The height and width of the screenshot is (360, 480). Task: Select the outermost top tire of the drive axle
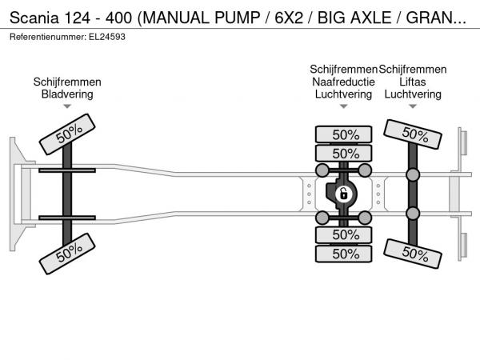click(x=345, y=134)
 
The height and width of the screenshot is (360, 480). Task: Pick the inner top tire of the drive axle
click(x=345, y=153)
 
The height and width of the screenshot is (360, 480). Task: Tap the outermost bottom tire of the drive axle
click(x=345, y=254)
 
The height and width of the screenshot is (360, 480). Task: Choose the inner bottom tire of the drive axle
click(x=345, y=235)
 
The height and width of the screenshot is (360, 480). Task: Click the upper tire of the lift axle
click(x=413, y=134)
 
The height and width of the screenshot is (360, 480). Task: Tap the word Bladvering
click(x=67, y=94)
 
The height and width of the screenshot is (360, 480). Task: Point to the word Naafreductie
click(x=343, y=82)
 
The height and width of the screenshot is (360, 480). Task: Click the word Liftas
click(x=413, y=82)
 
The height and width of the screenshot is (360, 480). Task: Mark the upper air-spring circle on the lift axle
click(x=413, y=175)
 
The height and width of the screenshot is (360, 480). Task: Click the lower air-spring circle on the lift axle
click(x=413, y=213)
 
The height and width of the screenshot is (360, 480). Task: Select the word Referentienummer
click(x=45, y=37)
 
